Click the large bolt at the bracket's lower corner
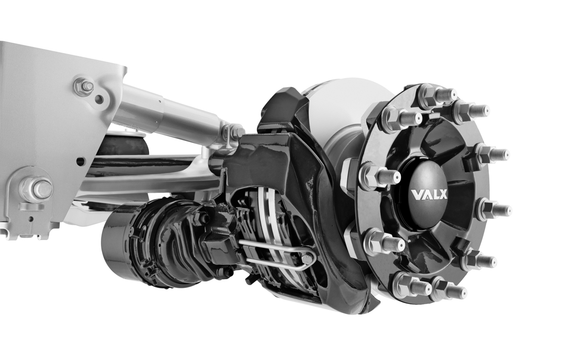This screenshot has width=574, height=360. click(36, 189)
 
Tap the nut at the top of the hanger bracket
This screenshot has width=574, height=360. click(85, 87)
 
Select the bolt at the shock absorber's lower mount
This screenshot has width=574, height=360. click(234, 131)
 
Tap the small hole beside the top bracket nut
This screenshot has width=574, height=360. click(99, 99)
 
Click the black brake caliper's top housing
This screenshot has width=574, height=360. click(282, 110)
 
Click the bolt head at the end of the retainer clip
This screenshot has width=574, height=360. click(307, 259)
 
